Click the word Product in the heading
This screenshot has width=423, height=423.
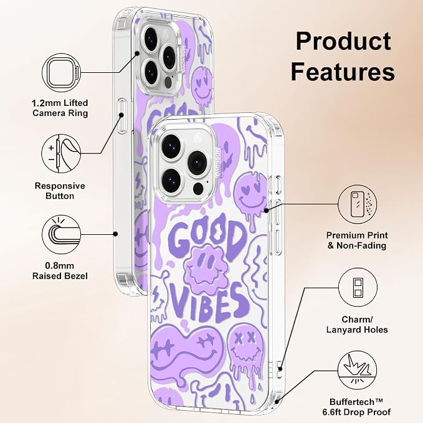click(x=343, y=41)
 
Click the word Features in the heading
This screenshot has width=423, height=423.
click(x=343, y=72)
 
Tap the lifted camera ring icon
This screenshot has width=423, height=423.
click(x=62, y=72)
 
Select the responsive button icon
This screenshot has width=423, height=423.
click(x=61, y=154)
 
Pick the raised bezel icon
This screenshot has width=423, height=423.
click(x=62, y=234)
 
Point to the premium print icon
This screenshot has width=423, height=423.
click(x=358, y=204)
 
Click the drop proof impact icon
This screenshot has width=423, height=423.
click(x=358, y=370)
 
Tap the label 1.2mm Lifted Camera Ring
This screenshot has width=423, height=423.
click(x=60, y=108)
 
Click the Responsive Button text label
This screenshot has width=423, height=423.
click(x=60, y=191)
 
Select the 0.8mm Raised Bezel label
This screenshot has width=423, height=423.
click(x=60, y=271)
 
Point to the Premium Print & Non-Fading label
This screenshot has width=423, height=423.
click(x=357, y=240)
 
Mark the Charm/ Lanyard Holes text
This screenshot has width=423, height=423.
click(x=357, y=325)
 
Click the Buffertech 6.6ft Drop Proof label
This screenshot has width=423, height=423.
click(x=356, y=407)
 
